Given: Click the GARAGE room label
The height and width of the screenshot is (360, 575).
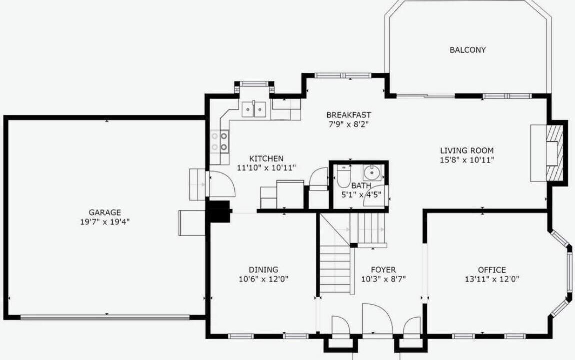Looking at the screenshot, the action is (105, 212).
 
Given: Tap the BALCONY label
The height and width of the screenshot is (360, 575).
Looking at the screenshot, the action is (468, 50).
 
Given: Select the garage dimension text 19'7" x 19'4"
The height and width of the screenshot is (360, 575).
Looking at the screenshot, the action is (105, 222).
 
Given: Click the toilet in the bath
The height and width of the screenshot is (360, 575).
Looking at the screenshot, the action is (344, 177).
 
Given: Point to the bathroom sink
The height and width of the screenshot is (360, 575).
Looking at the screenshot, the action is (372, 172).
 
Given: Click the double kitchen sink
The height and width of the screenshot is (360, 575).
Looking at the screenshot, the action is (254, 109).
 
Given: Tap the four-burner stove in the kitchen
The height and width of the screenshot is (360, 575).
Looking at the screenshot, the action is (219, 142).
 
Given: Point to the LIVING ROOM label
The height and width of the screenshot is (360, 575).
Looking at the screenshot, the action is (467, 150).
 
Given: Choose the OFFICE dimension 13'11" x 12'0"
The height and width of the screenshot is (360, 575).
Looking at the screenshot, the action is (492, 279).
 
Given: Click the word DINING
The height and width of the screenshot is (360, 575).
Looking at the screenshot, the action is (263, 270).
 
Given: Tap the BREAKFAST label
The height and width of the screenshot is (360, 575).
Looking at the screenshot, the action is (348, 115).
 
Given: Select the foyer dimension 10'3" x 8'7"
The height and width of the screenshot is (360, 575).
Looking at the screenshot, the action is (383, 279).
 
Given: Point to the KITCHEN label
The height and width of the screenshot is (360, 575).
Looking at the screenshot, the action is (266, 158).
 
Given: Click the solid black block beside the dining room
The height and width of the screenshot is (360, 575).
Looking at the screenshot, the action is (219, 211).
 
